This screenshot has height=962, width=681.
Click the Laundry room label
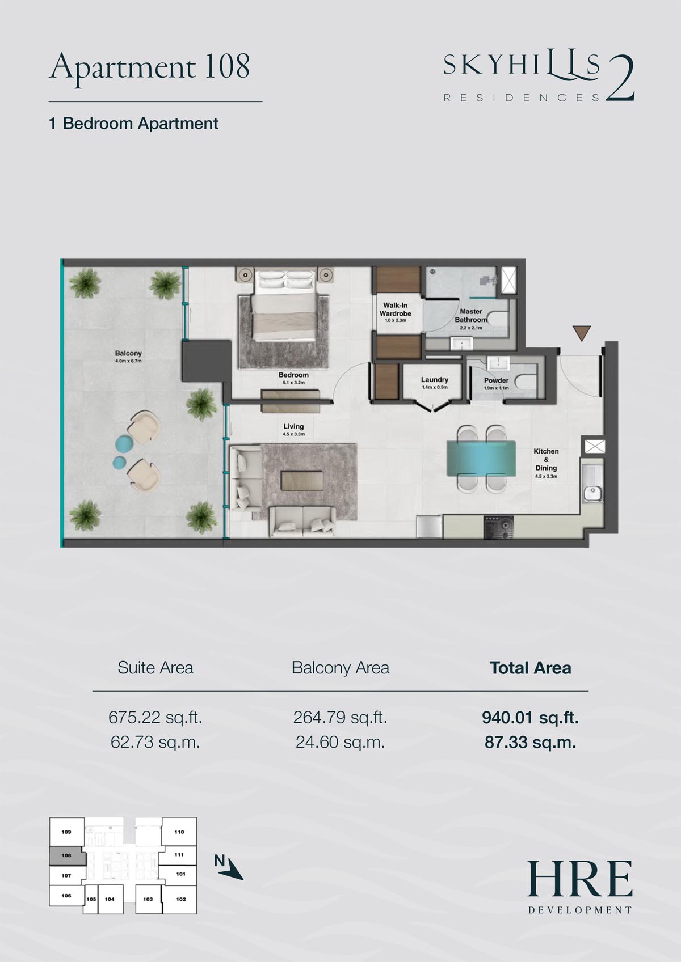click(434, 380)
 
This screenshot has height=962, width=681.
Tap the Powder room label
click(496, 380)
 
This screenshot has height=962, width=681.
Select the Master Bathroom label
click(471, 316)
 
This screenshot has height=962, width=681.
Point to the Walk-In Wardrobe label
click(395, 309)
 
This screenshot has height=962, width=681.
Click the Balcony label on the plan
click(128, 353)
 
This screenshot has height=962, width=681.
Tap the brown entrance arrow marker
click(581, 333)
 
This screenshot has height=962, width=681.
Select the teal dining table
click(481, 458)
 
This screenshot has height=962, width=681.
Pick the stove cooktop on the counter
click(499, 527)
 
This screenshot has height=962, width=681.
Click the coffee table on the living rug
click(302, 480)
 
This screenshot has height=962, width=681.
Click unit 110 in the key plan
click(179, 832)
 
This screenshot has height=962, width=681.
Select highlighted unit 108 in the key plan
click(66, 855)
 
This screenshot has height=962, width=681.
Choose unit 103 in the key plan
click(148, 899)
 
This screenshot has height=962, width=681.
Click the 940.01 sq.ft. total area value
click(530, 717)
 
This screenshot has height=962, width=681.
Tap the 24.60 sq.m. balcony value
click(339, 742)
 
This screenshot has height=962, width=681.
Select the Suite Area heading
click(155, 668)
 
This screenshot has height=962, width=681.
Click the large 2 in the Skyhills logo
click(620, 79)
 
